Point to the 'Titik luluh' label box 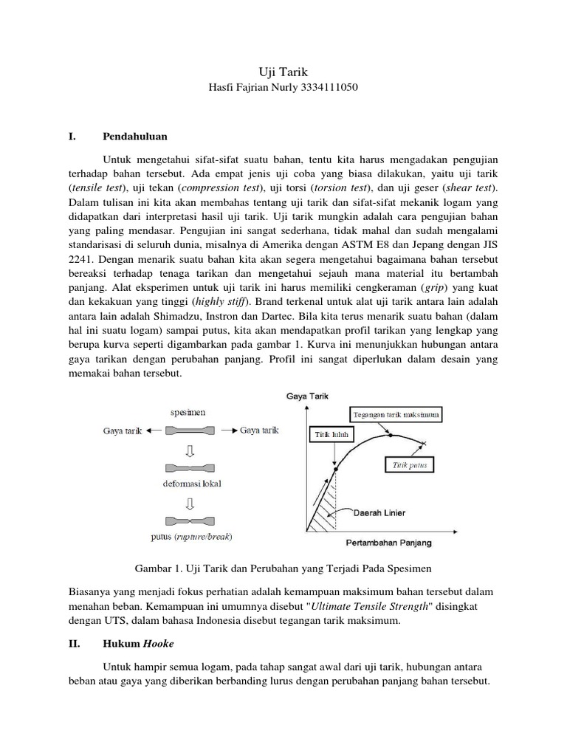click(x=320, y=435)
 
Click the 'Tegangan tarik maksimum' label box click(x=395, y=415)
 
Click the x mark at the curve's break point click(x=424, y=443)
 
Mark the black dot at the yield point click(x=335, y=469)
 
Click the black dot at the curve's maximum click(x=390, y=434)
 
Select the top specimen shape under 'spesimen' click(x=191, y=430)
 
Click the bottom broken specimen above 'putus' click(x=191, y=518)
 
